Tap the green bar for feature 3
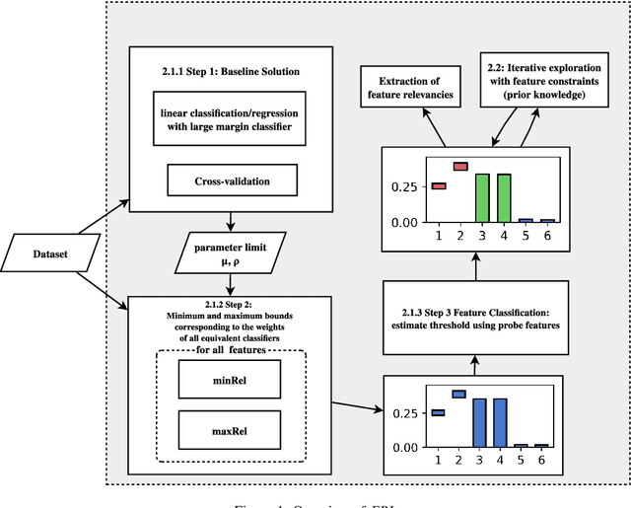click(482, 198)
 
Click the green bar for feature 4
click(504, 198)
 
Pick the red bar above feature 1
click(439, 185)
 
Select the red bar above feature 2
click(459, 167)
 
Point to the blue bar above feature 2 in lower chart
click(458, 394)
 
